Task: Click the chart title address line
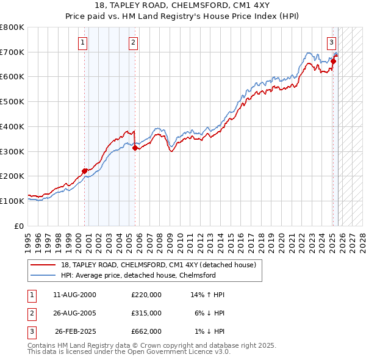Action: pos(182,5)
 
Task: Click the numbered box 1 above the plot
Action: pos(82,43)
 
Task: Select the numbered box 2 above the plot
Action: pos(133,43)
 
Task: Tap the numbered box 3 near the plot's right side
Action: pos(331,43)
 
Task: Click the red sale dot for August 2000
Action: pos(84,171)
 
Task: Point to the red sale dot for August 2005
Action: pos(135,147)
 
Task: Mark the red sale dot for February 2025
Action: pos(334,61)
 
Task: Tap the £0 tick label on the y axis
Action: pos(18,226)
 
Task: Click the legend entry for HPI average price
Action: pos(137,275)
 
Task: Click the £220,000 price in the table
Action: pos(146,295)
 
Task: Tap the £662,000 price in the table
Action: pos(146,331)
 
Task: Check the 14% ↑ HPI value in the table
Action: pos(207,295)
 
